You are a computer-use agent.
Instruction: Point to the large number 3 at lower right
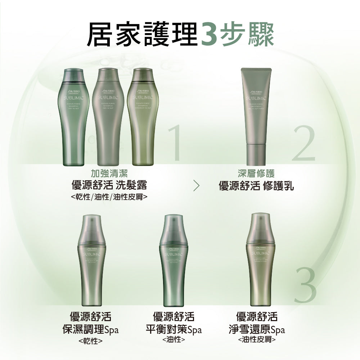point(305,284)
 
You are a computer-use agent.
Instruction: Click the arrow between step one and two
point(196,186)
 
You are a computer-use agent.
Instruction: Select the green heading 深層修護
point(256,174)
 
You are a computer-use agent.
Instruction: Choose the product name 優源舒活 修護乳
point(256,186)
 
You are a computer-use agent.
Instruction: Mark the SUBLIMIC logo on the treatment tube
point(256,98)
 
